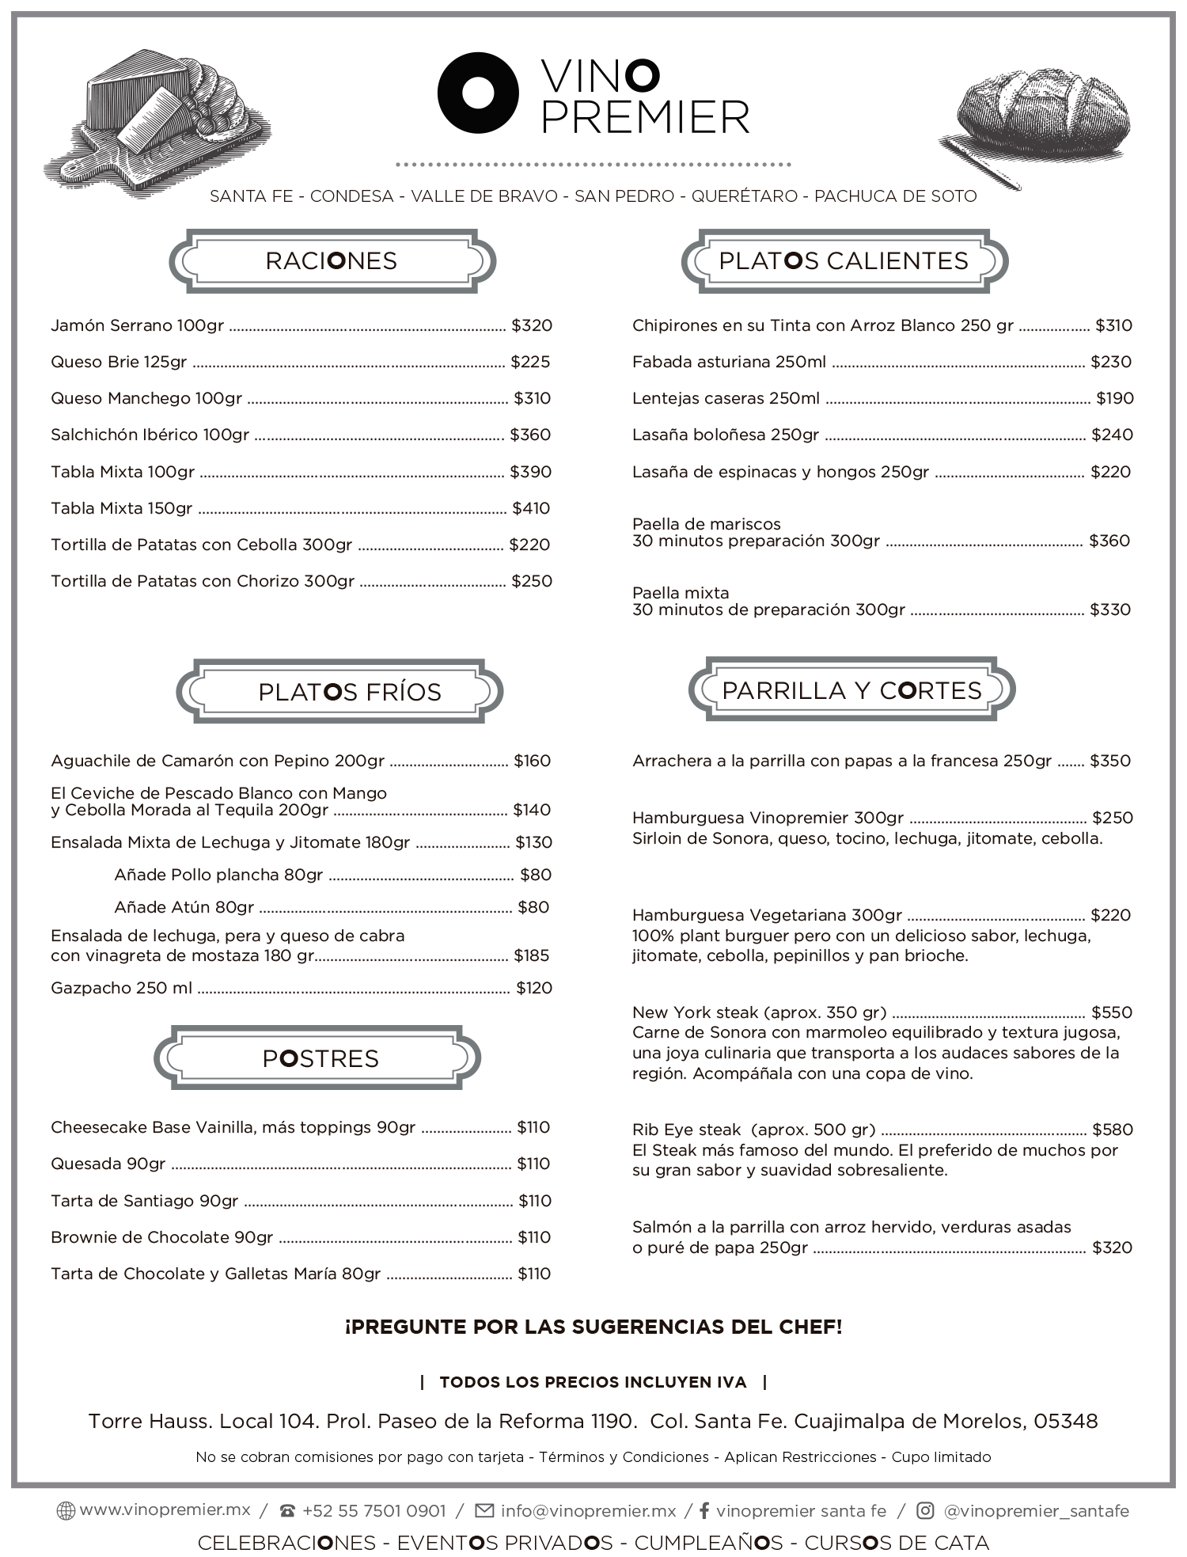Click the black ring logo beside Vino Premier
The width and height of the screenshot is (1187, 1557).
click(x=478, y=92)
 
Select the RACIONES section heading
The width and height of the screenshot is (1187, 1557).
click(x=332, y=261)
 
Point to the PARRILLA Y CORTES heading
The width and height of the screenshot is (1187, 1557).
click(x=851, y=690)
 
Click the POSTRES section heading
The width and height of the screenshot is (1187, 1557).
click(x=320, y=1058)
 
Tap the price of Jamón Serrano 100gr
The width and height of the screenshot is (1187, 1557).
click(x=532, y=325)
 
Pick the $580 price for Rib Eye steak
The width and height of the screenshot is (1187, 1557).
click(x=1113, y=1130)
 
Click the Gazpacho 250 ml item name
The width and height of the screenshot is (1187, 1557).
click(x=121, y=988)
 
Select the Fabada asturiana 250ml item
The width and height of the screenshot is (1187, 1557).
click(x=729, y=362)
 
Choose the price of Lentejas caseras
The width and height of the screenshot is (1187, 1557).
click(x=1115, y=398)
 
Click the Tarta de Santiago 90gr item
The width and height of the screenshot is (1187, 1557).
click(x=144, y=1201)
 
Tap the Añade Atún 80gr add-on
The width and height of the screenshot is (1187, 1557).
click(x=184, y=907)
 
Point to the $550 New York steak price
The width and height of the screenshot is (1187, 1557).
click(x=1112, y=1012)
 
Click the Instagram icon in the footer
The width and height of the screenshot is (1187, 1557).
click(x=925, y=1511)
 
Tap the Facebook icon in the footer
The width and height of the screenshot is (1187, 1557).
click(x=703, y=1511)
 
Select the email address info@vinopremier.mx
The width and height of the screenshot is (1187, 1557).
click(x=588, y=1511)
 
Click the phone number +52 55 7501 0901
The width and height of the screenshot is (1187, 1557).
click(x=374, y=1511)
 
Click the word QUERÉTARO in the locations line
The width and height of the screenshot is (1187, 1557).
click(x=745, y=196)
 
